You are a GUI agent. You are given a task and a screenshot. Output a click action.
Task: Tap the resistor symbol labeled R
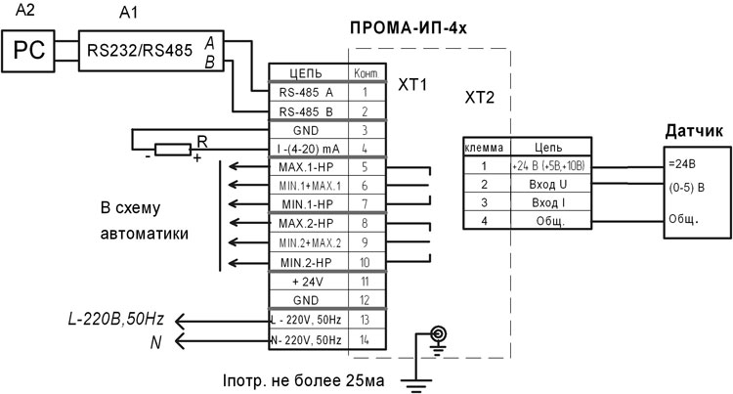pos(173,149)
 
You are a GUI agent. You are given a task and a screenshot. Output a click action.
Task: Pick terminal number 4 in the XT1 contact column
pos(365,149)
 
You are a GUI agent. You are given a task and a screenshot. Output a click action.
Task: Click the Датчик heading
pos(693,130)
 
